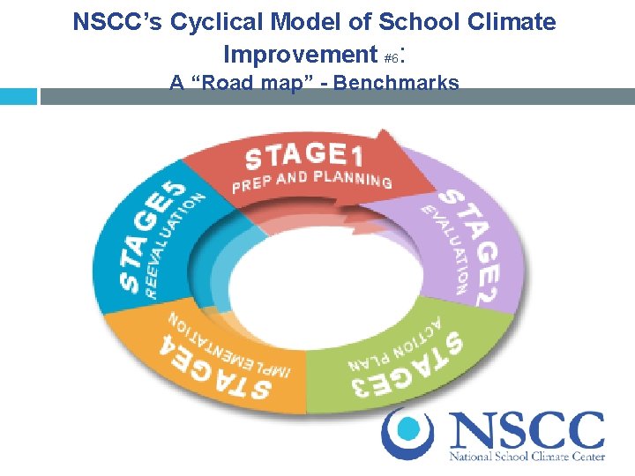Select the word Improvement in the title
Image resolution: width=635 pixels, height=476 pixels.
301,55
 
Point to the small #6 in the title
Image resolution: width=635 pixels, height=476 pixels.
392,58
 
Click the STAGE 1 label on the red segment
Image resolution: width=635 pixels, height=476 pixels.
303,156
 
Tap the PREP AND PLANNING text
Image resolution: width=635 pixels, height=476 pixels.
311,180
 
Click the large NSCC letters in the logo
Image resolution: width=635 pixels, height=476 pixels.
527,431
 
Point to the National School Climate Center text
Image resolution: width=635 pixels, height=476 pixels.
527,457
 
